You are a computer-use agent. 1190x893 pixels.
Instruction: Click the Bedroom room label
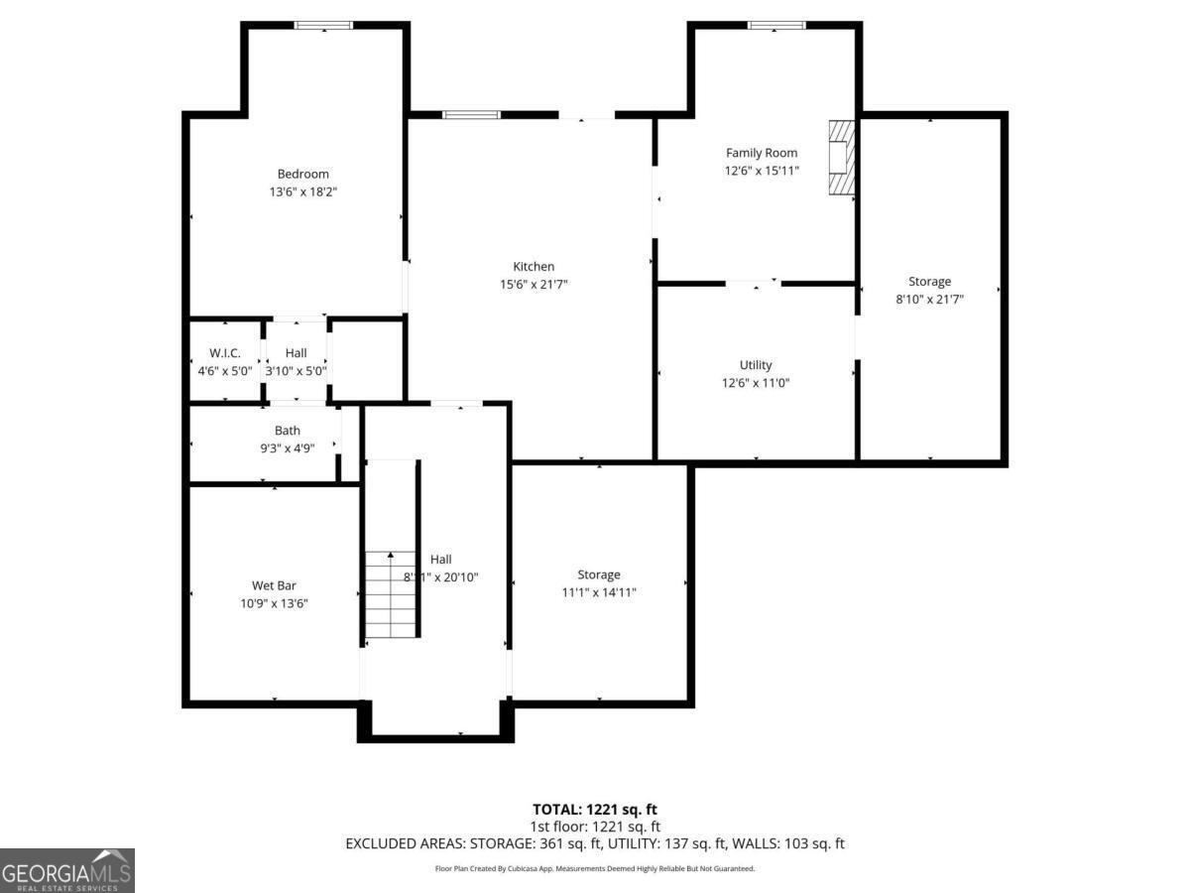click(302, 174)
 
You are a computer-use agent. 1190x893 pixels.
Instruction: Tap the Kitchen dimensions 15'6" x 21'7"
click(534, 285)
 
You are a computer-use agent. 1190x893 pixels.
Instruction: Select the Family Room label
click(762, 153)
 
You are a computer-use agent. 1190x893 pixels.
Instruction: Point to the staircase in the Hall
click(391, 594)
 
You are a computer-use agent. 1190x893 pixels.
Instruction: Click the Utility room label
click(756, 365)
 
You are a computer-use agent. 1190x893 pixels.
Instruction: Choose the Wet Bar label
click(274, 585)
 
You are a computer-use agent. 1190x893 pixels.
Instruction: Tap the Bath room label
click(288, 431)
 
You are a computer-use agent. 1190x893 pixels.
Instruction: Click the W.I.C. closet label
click(225, 353)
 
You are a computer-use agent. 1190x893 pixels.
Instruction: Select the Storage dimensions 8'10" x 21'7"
click(929, 299)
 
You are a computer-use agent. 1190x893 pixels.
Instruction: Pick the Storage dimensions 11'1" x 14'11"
click(599, 592)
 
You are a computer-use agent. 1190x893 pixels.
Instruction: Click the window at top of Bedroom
click(323, 26)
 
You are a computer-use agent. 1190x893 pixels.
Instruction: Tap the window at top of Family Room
click(775, 26)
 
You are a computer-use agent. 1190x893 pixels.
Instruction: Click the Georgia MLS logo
click(66, 870)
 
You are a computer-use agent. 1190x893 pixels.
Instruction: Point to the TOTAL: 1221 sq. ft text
click(595, 809)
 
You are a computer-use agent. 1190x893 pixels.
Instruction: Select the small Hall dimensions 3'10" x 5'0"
click(296, 371)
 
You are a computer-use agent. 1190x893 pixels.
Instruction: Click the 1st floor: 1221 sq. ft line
click(595, 827)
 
